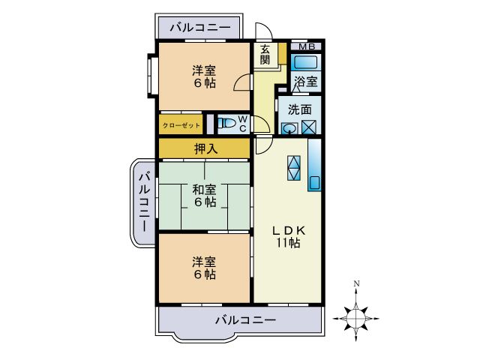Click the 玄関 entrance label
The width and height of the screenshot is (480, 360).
coord(265,54)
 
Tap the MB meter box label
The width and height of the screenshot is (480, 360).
coord(306,46)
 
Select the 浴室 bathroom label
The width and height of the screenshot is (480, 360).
coord(305,81)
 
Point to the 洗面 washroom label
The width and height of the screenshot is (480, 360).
coord(300,109)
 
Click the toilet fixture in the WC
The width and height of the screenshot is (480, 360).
coord(226,124)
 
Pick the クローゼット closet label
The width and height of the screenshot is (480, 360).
coord(181,124)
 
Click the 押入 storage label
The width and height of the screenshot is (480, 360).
coord(205,148)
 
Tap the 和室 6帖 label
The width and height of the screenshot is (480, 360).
coord(204,196)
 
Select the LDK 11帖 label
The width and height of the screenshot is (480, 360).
coord(287,236)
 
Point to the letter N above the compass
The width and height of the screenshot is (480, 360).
coord(357,284)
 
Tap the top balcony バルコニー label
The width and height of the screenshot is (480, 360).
coord(199,27)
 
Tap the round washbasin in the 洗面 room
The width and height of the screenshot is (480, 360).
coord(290,127)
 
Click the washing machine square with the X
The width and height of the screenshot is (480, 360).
coord(310,127)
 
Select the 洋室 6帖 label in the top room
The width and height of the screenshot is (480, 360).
coord(204,76)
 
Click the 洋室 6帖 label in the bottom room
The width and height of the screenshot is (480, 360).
coord(204,268)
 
